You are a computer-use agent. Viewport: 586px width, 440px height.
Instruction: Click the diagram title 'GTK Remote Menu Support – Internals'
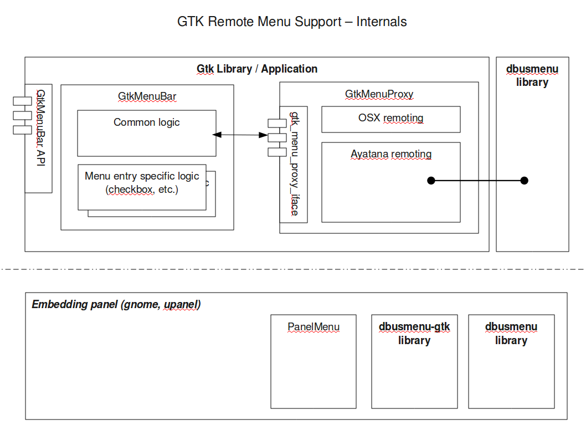point(292,22)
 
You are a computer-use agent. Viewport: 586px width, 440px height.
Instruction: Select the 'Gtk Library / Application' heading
point(257,69)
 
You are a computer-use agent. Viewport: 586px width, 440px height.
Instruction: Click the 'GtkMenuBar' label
point(147,96)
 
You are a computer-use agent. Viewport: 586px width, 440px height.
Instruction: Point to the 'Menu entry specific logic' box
point(142,187)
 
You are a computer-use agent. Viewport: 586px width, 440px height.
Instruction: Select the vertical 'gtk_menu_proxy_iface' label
point(295,163)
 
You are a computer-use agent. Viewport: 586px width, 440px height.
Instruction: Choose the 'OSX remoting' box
point(390,119)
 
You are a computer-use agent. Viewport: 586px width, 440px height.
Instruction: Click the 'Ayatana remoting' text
point(390,155)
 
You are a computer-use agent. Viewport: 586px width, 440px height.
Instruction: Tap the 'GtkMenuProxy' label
point(379,94)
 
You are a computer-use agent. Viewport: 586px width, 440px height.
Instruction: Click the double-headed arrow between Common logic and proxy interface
point(240,135)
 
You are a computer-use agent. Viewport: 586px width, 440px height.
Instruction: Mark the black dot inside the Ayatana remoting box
point(431,181)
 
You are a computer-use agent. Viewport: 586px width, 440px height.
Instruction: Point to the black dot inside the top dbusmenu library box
point(524,181)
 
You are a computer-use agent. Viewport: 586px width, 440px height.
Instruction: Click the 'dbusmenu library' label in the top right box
point(532,76)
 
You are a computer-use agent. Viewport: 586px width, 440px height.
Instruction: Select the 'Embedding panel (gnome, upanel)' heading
point(116,304)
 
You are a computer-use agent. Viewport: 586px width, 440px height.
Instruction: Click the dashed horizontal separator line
point(292,269)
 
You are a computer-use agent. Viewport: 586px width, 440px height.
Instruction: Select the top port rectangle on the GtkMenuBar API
point(23,101)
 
